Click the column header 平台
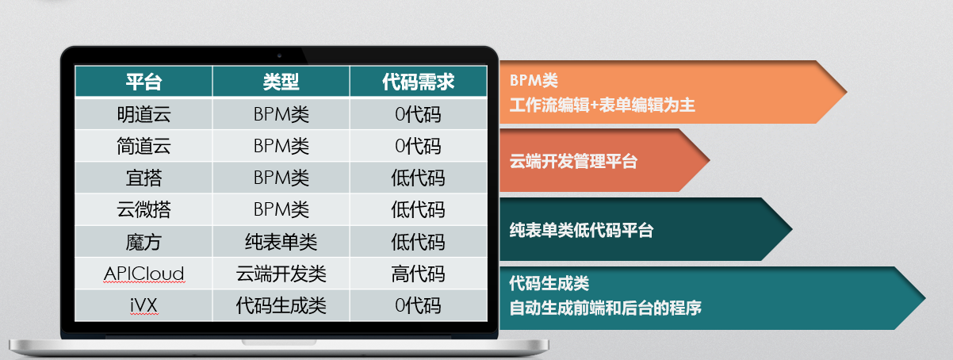pyautogui.click(x=144, y=81)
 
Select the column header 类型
pyautogui.click(x=281, y=81)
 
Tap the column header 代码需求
pyautogui.click(x=418, y=81)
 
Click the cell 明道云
pyautogui.click(x=144, y=114)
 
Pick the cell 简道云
pyautogui.click(x=144, y=146)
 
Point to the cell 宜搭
pyautogui.click(x=144, y=178)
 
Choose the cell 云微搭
pyautogui.click(x=144, y=209)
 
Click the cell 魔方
pyautogui.click(x=144, y=242)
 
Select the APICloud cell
pyautogui.click(x=144, y=274)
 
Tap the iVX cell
pyautogui.click(x=144, y=305)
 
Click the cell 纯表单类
pyautogui.click(x=281, y=242)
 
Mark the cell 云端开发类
pyautogui.click(x=281, y=274)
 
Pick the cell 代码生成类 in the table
pyautogui.click(x=281, y=305)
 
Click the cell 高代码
pyautogui.click(x=418, y=274)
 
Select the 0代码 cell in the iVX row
pyautogui.click(x=418, y=305)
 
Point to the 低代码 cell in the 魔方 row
pyautogui.click(x=418, y=242)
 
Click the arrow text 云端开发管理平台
pyautogui.click(x=573, y=161)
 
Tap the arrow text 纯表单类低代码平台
pyautogui.click(x=581, y=230)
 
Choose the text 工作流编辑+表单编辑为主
pyautogui.click(x=602, y=105)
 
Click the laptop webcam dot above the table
pyautogui.click(x=279, y=56)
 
